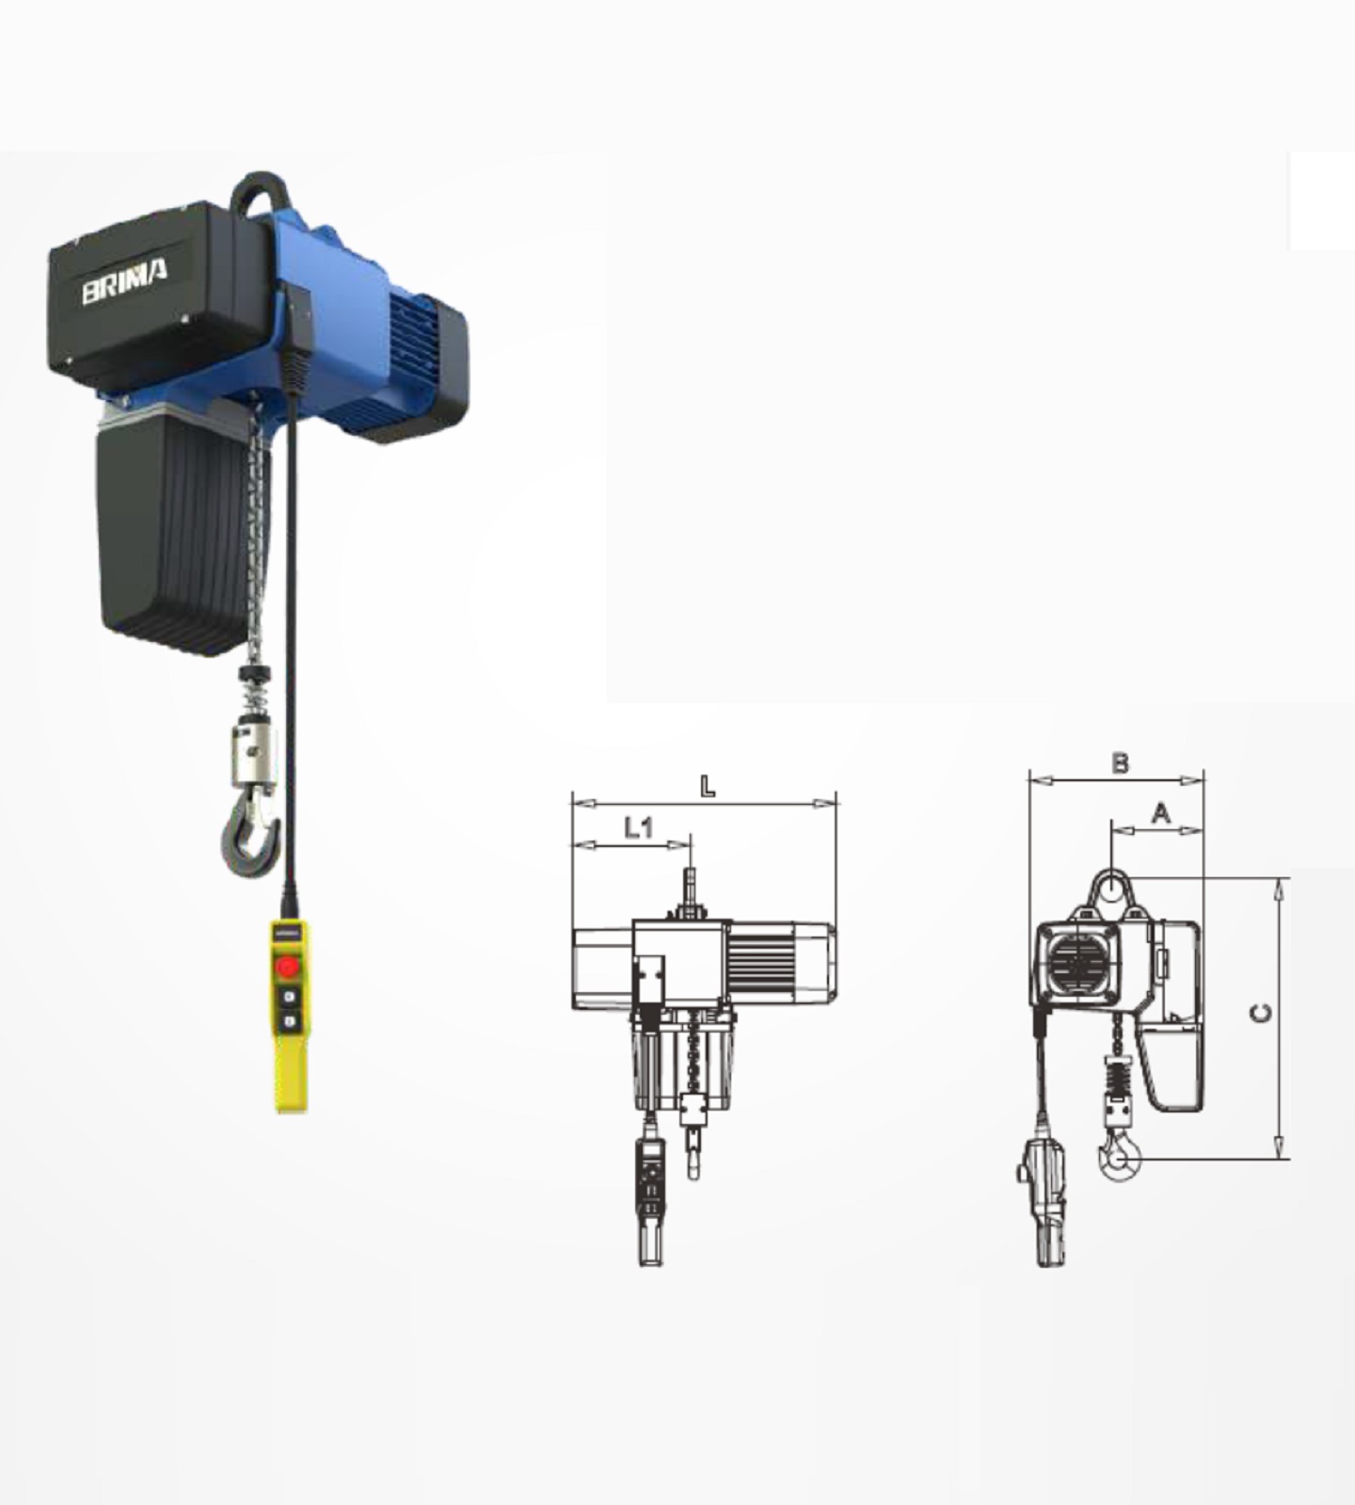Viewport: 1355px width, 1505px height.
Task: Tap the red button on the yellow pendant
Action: click(x=288, y=968)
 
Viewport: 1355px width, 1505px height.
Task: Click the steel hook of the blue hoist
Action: click(x=252, y=833)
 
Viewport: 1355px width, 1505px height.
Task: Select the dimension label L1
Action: click(x=639, y=827)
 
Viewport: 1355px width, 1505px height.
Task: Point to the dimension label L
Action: click(x=708, y=786)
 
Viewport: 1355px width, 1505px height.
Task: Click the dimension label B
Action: click(x=1120, y=762)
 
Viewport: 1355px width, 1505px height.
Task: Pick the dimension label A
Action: click(x=1161, y=812)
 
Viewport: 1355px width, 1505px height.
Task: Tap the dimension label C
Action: click(x=1261, y=1013)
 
